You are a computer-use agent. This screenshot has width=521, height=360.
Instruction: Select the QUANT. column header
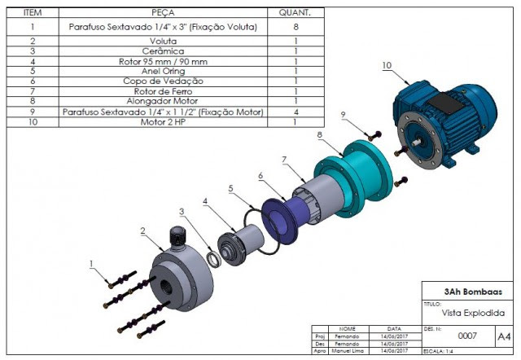click(295, 13)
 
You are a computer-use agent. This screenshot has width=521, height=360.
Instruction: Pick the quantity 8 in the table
click(295, 27)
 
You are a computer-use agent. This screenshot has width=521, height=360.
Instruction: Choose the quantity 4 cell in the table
click(295, 112)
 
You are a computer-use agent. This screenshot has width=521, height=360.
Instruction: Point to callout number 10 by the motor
click(386, 64)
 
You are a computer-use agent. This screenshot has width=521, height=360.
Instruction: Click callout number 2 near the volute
click(142, 231)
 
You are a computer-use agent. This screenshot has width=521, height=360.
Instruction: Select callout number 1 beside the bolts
click(92, 263)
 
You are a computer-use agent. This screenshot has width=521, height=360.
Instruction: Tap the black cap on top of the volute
click(177, 237)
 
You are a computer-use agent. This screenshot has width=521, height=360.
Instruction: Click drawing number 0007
click(466, 335)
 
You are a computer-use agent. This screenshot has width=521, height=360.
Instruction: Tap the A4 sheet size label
click(504, 335)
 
